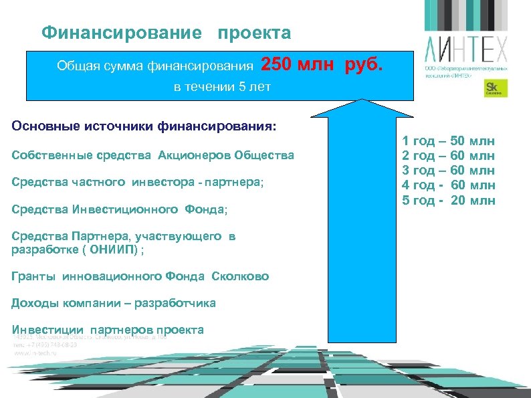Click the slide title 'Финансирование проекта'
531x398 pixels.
(x=166, y=33)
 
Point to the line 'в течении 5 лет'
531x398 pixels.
(x=222, y=88)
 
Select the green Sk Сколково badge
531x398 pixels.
(x=496, y=88)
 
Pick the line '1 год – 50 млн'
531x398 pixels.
(x=448, y=140)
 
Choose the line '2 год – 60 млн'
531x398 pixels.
(x=448, y=155)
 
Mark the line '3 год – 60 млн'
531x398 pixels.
(x=448, y=170)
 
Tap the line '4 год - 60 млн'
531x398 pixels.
(x=448, y=185)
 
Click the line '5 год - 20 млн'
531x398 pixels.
(x=448, y=199)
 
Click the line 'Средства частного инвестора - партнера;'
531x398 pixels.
(x=138, y=183)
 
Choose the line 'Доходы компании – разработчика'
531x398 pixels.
(x=114, y=303)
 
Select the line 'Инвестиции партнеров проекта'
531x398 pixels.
(x=108, y=330)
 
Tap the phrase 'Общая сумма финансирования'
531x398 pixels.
(x=155, y=66)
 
